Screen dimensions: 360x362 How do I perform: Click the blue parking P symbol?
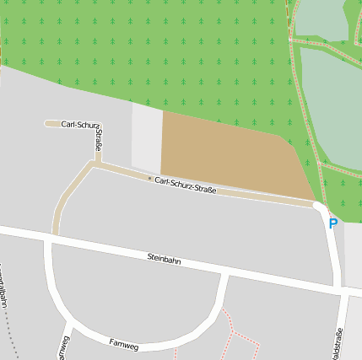click(x=332, y=224)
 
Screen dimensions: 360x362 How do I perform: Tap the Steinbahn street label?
click(x=164, y=259)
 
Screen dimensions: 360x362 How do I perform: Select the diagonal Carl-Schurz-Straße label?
click(x=186, y=185)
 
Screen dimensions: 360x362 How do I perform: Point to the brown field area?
click(x=228, y=156)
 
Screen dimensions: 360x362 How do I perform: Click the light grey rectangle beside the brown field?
click(x=146, y=138)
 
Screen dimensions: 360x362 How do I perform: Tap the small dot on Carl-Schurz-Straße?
click(x=149, y=179)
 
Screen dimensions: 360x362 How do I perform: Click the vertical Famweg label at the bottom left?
click(x=62, y=347)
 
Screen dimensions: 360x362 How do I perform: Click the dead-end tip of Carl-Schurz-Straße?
click(x=47, y=124)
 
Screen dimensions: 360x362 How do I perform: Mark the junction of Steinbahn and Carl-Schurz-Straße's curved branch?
click(x=54, y=237)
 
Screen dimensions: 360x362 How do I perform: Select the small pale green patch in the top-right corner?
click(x=321, y=19)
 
